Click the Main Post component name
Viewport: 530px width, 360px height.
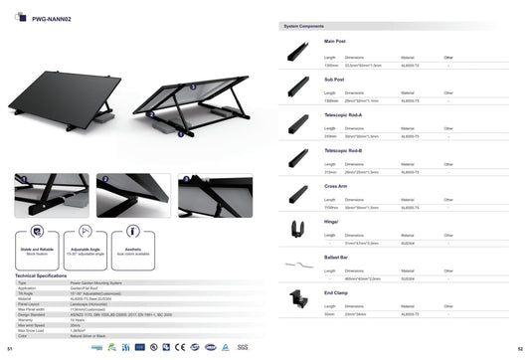point(334,42)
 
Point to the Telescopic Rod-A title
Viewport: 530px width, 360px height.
point(344,114)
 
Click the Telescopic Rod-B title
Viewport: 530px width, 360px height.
point(344,150)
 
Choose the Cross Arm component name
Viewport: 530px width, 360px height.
point(336,186)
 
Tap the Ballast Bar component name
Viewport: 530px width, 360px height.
point(337,257)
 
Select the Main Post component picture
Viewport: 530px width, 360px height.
point(296,52)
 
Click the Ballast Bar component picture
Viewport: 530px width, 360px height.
point(294,266)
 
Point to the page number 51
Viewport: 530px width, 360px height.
point(9,351)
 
